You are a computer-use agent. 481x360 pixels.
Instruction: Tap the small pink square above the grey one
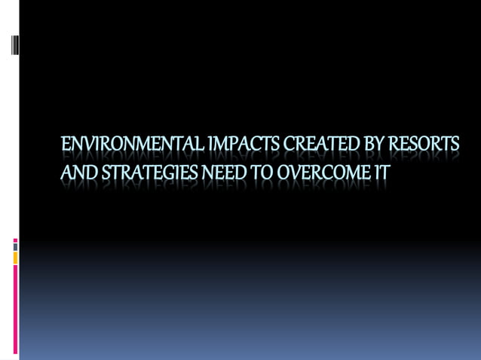tap(15, 241)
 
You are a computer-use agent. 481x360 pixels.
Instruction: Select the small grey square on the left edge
tap(15, 247)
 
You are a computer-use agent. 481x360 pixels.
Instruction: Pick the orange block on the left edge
tap(15, 258)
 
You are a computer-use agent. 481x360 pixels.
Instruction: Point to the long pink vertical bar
tap(15, 309)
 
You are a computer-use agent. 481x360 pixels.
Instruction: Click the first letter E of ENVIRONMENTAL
tap(66, 144)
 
